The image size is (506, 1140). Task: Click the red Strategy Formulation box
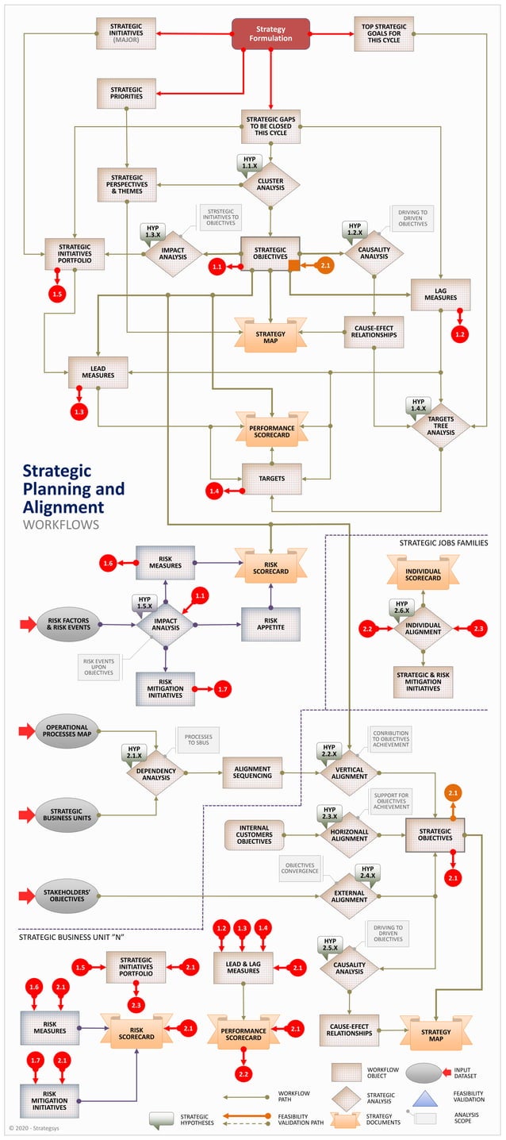coord(270,33)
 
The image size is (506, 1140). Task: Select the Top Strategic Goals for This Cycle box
coord(383,33)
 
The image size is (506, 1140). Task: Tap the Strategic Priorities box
coord(126,93)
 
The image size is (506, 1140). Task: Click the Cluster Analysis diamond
coord(270,183)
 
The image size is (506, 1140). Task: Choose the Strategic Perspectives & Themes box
coord(126,183)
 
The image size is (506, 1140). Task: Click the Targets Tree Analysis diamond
coord(440,426)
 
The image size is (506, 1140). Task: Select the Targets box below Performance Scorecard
coord(271,479)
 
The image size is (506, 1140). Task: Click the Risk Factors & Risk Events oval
coord(68,625)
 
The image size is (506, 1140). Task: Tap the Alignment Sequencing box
coord(252,772)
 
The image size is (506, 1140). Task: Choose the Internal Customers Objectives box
coord(254,835)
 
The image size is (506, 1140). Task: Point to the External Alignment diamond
coord(349,895)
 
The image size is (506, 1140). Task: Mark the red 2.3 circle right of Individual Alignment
coord(478,629)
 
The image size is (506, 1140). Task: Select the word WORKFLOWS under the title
coord(61,525)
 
